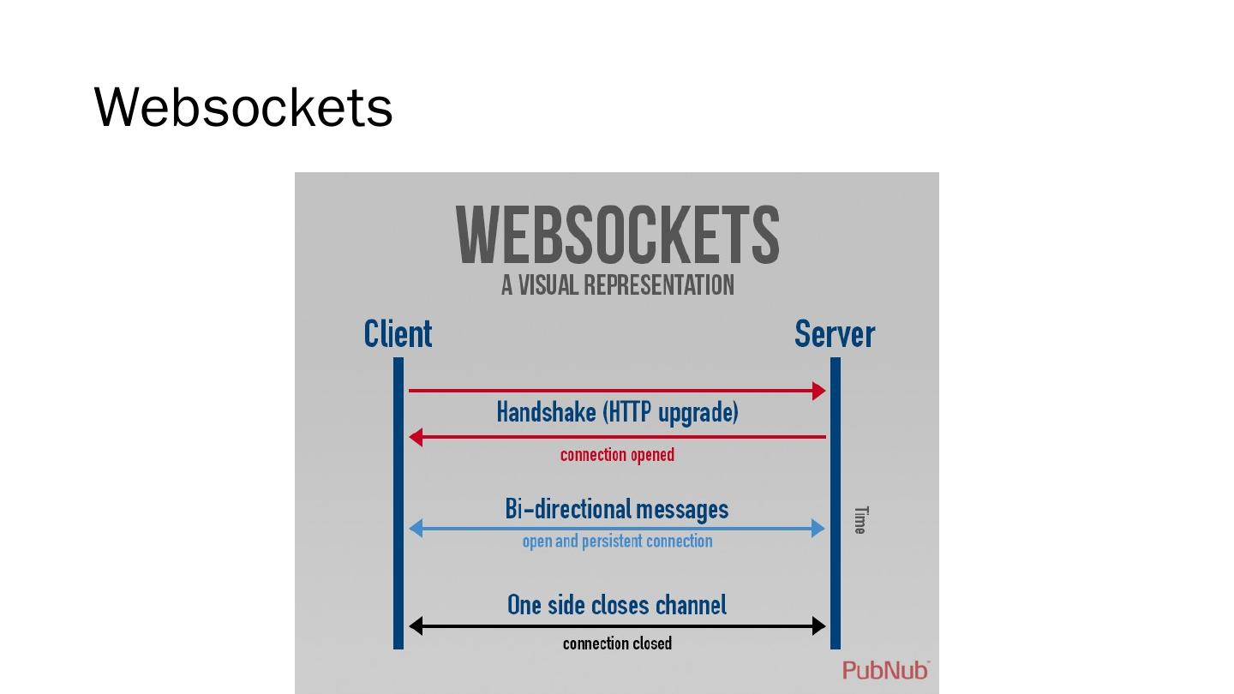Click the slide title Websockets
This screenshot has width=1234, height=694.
pyautogui.click(x=243, y=108)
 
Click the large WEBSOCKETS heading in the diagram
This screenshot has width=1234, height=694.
pyautogui.click(x=617, y=235)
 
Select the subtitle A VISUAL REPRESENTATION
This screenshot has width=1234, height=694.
pyautogui.click(x=617, y=285)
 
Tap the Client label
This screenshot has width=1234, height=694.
pyautogui.click(x=398, y=334)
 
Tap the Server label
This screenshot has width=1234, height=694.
pyautogui.click(x=834, y=334)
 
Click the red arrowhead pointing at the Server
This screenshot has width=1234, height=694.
pyautogui.click(x=818, y=391)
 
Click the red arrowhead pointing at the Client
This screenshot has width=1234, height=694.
pyautogui.click(x=416, y=437)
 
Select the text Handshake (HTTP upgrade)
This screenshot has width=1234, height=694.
pyautogui.click(x=617, y=413)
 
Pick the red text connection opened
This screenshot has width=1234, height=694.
pyautogui.click(x=617, y=455)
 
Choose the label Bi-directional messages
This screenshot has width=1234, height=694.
pyautogui.click(x=617, y=510)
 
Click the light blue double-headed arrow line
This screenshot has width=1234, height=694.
pyautogui.click(x=617, y=528)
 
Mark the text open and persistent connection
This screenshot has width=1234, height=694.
pyautogui.click(x=617, y=541)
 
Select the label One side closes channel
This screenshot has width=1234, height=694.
pyautogui.click(x=617, y=606)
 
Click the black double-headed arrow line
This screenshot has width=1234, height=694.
pyautogui.click(x=617, y=626)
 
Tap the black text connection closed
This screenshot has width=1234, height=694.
pyautogui.click(x=617, y=643)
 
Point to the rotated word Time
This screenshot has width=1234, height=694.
pyautogui.click(x=860, y=520)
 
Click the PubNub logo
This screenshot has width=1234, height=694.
pyautogui.click(x=885, y=670)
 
